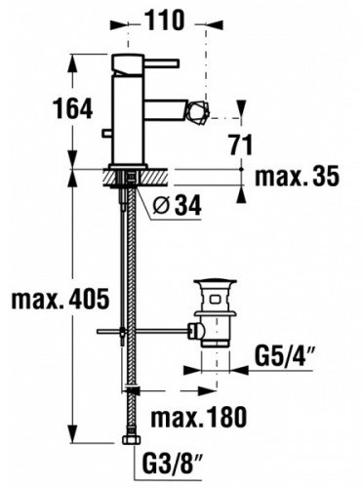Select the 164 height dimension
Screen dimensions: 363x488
73,108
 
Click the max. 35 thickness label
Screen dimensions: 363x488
297,177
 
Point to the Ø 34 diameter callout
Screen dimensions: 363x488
178,205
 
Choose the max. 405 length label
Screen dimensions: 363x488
60,299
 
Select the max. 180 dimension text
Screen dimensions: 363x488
199,417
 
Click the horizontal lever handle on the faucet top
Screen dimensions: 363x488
162,63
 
